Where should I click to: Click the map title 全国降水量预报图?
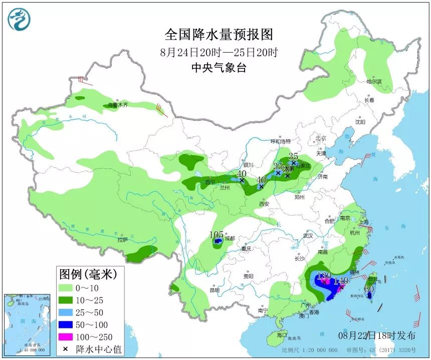(219, 35)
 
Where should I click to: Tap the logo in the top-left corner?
(19, 20)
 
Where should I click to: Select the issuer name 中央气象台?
(219, 68)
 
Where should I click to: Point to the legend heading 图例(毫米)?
(88, 274)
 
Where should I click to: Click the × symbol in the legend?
(66, 348)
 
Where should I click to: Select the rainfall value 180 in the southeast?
(324, 275)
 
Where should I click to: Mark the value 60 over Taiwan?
(369, 288)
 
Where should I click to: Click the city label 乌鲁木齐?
(119, 105)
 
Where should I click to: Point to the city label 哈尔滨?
(374, 81)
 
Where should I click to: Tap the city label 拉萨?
(123, 240)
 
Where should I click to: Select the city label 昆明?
(214, 290)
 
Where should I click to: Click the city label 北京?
(321, 138)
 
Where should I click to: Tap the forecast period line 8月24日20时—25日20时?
(219, 52)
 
